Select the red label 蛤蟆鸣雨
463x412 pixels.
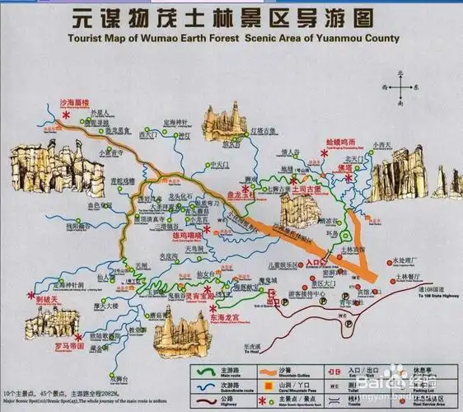pos(344,142)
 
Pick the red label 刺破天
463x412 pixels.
pos(48,301)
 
